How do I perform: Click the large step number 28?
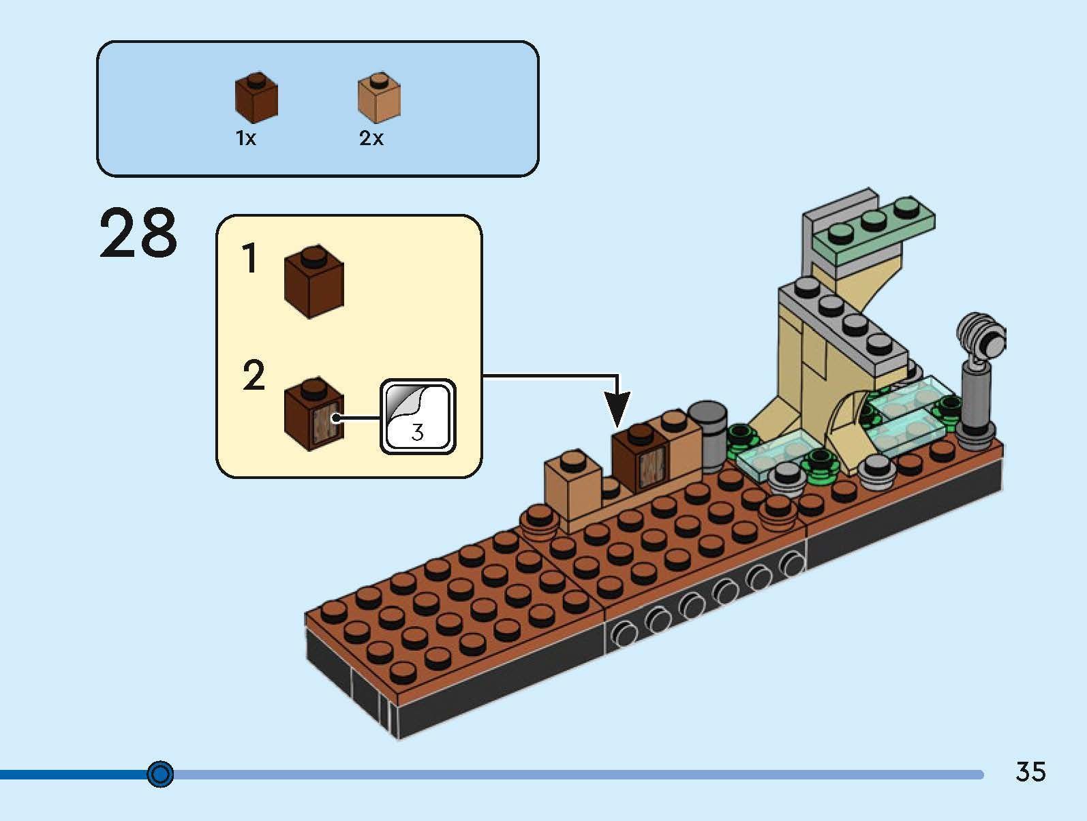138,234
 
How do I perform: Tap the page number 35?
1030,771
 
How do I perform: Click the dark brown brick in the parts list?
256,97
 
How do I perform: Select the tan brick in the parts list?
379,98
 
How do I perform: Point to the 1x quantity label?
245,139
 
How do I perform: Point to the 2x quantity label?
371,139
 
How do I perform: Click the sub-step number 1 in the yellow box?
251,260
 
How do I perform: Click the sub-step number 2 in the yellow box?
253,376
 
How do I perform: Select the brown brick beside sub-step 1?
313,285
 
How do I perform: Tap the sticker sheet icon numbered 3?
417,416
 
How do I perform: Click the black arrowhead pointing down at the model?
617,408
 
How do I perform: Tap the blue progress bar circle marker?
161,774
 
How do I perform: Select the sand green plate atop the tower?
879,228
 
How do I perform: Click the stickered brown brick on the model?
640,460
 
